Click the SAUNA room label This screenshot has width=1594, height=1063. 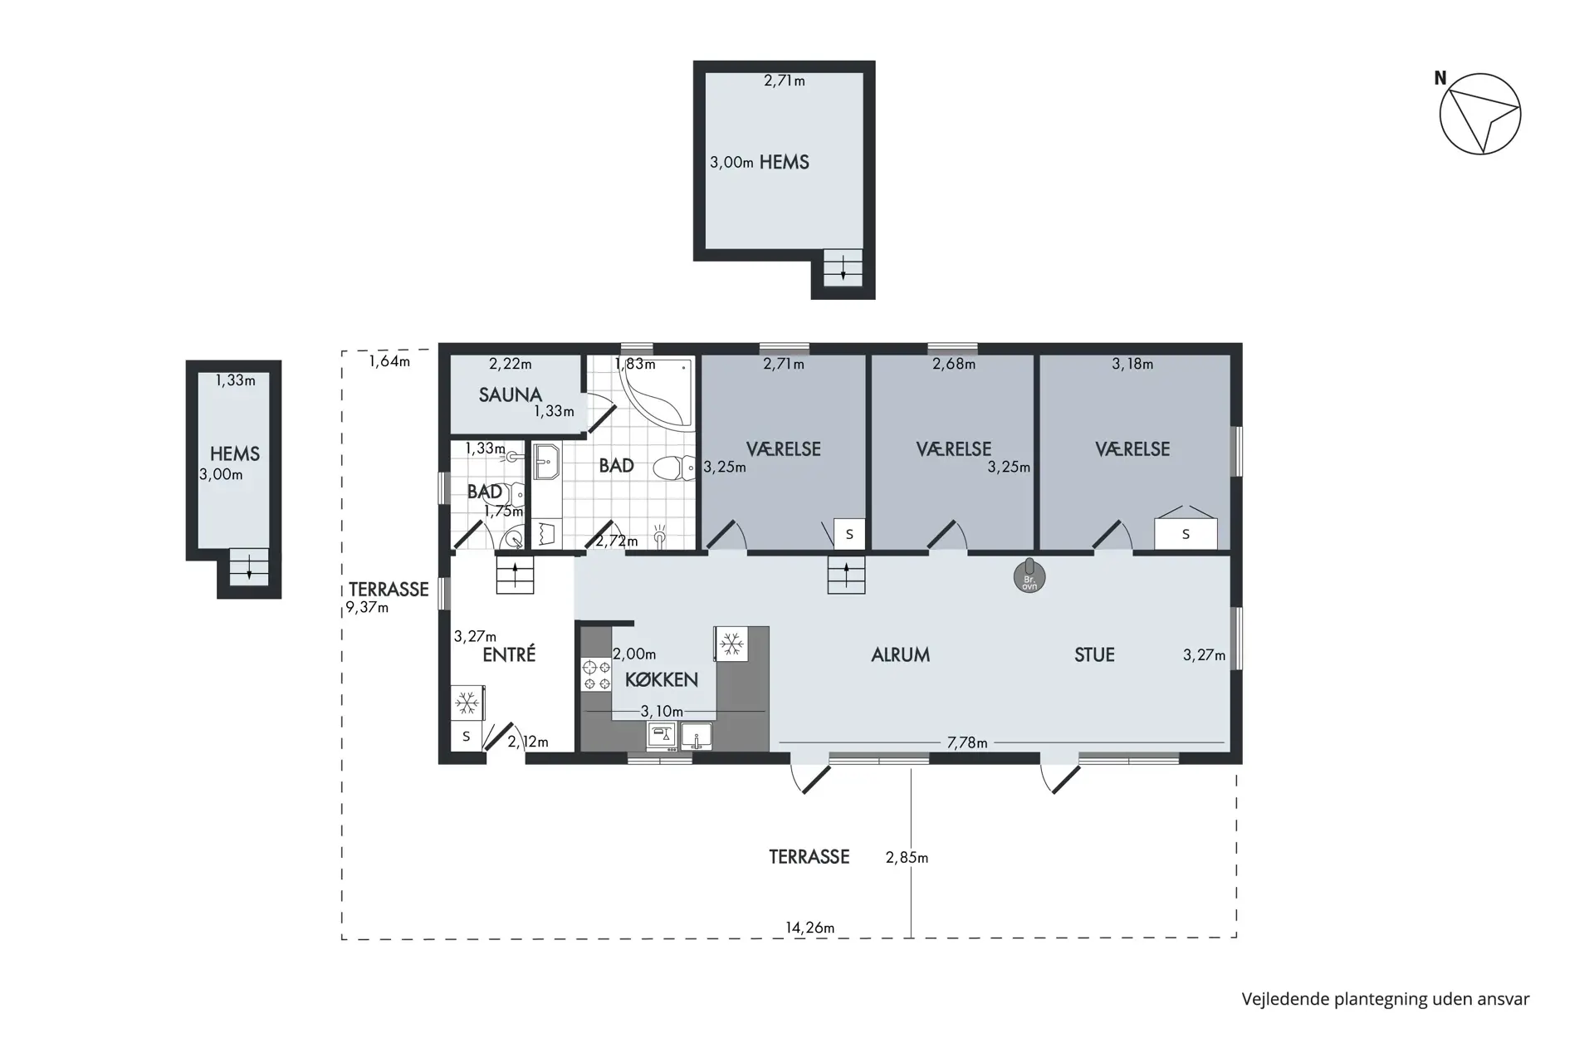tap(510, 394)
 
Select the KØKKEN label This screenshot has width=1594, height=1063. tap(661, 679)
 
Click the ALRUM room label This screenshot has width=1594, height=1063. tap(900, 654)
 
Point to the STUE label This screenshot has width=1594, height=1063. tap(1093, 654)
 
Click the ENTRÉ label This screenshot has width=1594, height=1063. tap(508, 654)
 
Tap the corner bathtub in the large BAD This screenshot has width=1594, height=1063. tap(659, 395)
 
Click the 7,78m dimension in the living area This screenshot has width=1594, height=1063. tap(967, 742)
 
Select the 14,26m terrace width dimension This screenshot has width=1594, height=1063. tap(809, 928)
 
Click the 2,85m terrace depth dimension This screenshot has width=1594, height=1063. tap(906, 857)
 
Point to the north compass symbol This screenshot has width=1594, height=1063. tap(1479, 114)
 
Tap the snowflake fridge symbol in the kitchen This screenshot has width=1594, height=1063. tap(731, 644)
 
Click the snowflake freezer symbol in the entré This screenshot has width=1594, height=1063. tap(467, 703)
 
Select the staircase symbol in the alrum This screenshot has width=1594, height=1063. tap(846, 575)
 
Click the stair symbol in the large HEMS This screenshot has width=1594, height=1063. tap(843, 267)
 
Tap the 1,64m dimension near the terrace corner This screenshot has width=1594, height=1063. tap(389, 361)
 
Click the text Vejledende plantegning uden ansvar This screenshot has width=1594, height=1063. tap(1385, 999)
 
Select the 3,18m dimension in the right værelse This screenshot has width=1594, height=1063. tap(1132, 364)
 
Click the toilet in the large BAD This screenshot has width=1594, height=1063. tap(674, 468)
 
